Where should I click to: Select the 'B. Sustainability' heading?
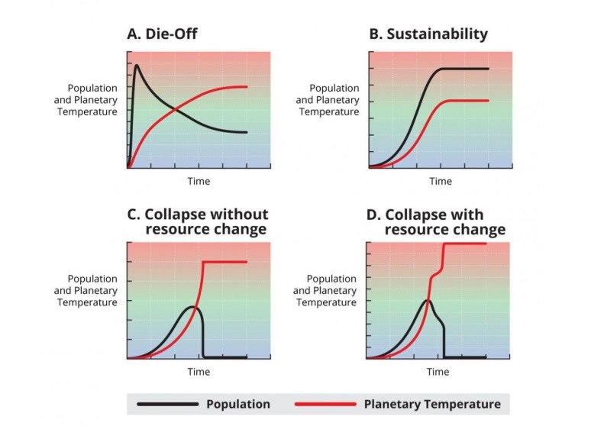428,34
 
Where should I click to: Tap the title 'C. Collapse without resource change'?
197,221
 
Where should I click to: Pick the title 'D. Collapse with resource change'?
436,221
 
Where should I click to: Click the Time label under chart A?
199,181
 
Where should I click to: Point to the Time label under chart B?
440,181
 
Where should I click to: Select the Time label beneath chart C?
199,372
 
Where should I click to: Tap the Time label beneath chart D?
438,372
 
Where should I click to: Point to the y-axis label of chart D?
325,291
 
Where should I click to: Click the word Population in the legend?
237,404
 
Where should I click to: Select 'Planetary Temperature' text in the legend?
432,404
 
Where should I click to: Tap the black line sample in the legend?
167,404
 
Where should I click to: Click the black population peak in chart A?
137,66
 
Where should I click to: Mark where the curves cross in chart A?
176,109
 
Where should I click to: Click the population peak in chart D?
428,301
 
